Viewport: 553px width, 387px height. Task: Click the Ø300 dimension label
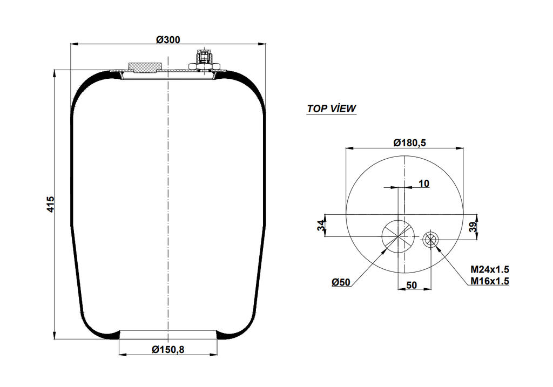tap(168, 39)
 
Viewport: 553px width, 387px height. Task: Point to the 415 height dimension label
tap(50, 205)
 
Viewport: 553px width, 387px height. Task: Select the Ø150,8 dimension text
tap(168, 349)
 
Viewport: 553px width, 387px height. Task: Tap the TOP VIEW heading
tap(331, 108)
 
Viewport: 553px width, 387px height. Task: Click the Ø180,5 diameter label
tap(410, 143)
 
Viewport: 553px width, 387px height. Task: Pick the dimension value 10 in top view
tap(424, 184)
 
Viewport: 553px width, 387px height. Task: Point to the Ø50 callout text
tap(342, 282)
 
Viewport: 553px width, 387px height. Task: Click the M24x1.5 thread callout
tap(490, 269)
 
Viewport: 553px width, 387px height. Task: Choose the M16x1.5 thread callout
tap(490, 280)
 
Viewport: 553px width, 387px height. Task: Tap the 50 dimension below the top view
tap(411, 285)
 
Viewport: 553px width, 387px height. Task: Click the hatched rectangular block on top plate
tap(144, 67)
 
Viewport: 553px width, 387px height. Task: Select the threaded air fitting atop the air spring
tap(204, 59)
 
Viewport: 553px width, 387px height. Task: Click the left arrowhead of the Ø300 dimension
tap(74, 44)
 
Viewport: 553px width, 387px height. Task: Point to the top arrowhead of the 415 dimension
tap(55, 73)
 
